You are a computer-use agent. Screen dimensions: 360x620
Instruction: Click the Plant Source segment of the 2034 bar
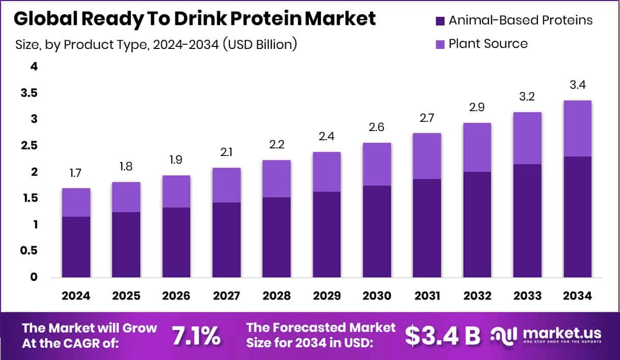577,128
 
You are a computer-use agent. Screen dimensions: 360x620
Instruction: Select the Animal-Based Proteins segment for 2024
76,247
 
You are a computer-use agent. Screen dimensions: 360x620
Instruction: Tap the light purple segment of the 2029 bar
326,172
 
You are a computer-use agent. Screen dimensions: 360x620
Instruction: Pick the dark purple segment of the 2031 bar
427,228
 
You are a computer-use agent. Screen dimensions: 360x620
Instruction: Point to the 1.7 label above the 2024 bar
76,174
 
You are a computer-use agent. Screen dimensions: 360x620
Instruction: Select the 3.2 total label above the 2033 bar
527,97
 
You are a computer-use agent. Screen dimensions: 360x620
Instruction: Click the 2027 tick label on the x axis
226,296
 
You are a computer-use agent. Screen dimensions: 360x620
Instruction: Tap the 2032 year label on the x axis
477,296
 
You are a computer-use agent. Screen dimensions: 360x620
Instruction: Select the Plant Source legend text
488,44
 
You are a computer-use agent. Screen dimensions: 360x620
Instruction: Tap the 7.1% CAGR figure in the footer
196,336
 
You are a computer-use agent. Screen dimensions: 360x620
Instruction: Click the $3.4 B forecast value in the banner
443,336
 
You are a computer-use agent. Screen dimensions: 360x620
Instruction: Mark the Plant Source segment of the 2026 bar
176,191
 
